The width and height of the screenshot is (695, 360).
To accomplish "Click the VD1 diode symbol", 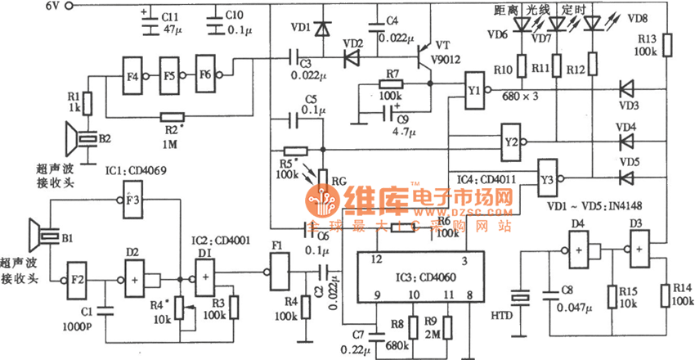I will pos(322,30).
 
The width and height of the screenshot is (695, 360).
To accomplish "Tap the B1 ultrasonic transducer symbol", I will pos(41,237).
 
